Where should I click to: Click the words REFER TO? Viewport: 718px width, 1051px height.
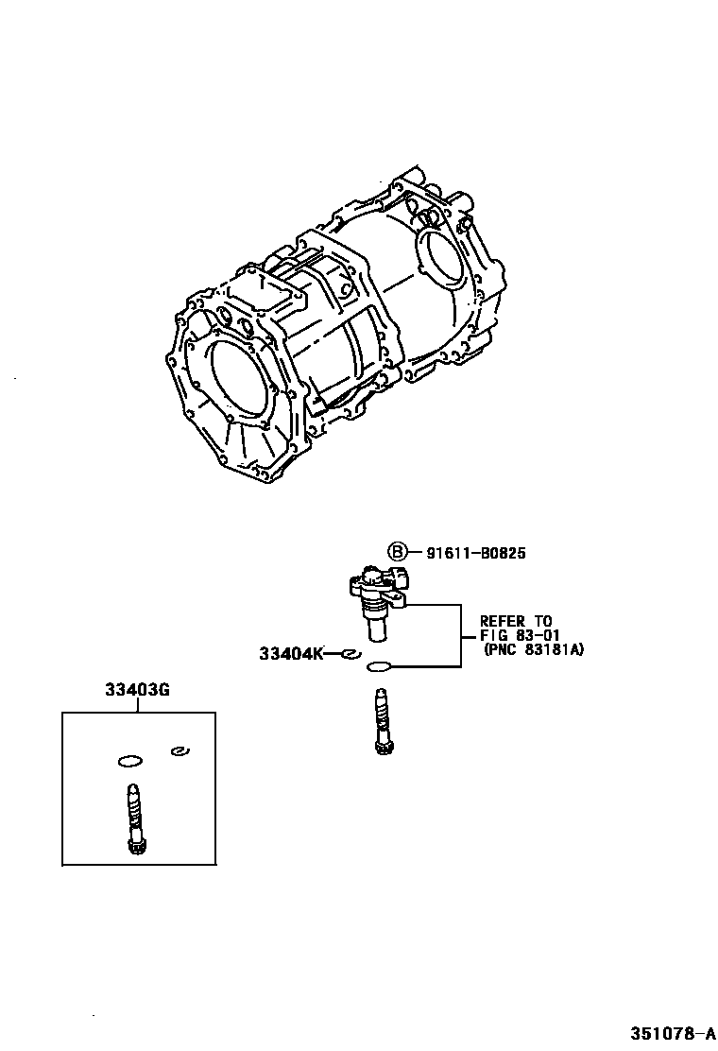pos(516,621)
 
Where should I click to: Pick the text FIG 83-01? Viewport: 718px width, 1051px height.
pos(516,635)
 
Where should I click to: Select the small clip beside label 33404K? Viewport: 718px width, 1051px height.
pos(350,653)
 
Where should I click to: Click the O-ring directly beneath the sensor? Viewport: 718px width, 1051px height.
pos(378,666)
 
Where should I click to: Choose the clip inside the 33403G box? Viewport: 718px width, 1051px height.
pos(178,751)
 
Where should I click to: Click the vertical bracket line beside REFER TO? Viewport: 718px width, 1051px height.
pos(461,634)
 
